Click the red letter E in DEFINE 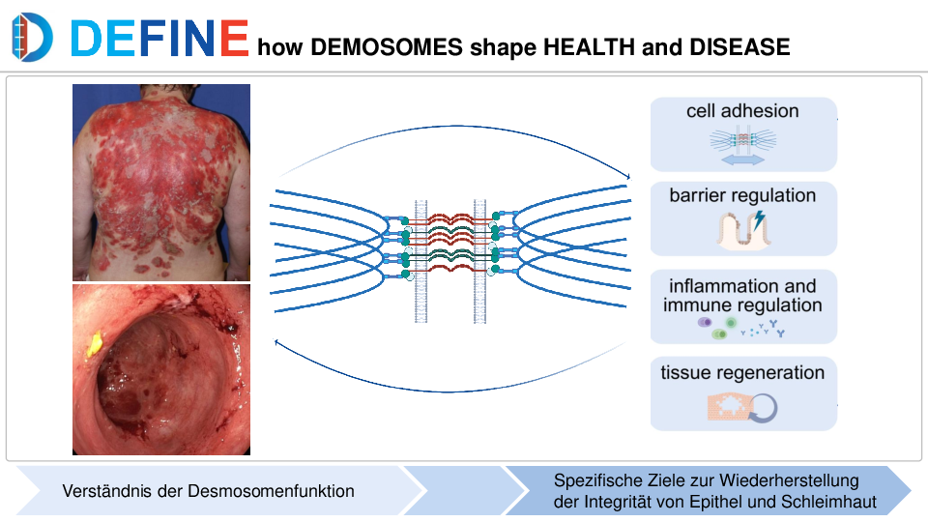pyautogui.click(x=233, y=38)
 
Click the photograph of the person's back pyautogui.click(x=161, y=182)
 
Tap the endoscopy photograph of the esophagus pyautogui.click(x=161, y=369)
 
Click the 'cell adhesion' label pyautogui.click(x=742, y=111)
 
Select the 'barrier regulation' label pyautogui.click(x=742, y=195)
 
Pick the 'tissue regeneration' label pyautogui.click(x=742, y=372)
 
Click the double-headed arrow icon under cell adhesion pyautogui.click(x=742, y=159)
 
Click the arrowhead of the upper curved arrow pyautogui.click(x=628, y=176)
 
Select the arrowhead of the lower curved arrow pyautogui.click(x=277, y=340)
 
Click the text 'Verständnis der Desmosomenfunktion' pyautogui.click(x=208, y=491)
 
